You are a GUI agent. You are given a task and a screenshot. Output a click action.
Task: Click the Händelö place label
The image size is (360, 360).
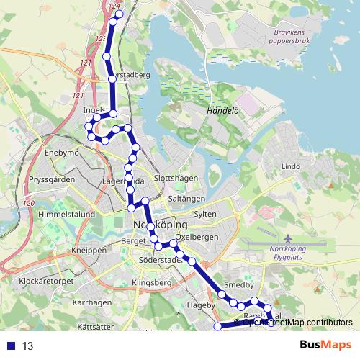[x=222, y=112]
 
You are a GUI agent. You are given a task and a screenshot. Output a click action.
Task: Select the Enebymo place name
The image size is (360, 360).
[x=61, y=153]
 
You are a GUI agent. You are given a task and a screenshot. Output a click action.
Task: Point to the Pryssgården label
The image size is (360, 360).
[x=51, y=179]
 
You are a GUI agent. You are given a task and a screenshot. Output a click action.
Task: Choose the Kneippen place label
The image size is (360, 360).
[x=89, y=250]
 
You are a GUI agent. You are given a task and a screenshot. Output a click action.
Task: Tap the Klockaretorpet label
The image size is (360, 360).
[x=46, y=281]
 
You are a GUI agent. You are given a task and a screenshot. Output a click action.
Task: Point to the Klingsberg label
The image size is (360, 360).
[x=152, y=284]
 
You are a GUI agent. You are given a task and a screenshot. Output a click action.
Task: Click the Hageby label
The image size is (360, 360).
[x=201, y=306]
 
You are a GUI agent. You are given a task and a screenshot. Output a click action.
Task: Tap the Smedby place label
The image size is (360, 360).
[x=239, y=285]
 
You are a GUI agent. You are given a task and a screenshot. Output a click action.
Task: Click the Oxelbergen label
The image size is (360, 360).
[x=197, y=237]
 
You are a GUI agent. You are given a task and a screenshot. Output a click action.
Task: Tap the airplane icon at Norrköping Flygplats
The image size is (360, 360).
[x=289, y=238]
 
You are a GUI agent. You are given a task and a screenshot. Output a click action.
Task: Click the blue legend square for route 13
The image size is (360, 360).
[x=9, y=346]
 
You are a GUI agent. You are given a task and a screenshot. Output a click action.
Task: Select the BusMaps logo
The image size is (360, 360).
[x=325, y=345]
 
